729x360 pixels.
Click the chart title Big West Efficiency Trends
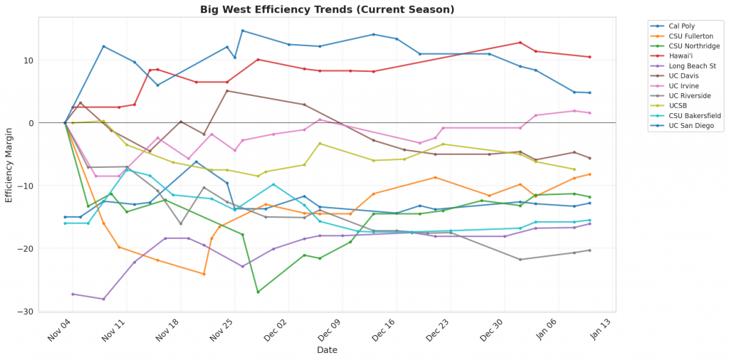pyautogui.click(x=327, y=9)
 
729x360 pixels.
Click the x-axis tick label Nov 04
pyautogui.click(x=63, y=331)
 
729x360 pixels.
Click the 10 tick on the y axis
pyautogui.click(x=49, y=60)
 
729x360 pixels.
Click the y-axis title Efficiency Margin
pyautogui.click(x=9, y=165)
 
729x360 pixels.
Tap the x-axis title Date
pyautogui.click(x=327, y=350)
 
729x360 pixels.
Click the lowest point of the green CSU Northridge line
pyautogui.click(x=258, y=292)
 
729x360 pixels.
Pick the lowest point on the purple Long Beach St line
pyautogui.click(x=103, y=299)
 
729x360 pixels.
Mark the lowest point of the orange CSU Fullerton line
pyautogui.click(x=204, y=274)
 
